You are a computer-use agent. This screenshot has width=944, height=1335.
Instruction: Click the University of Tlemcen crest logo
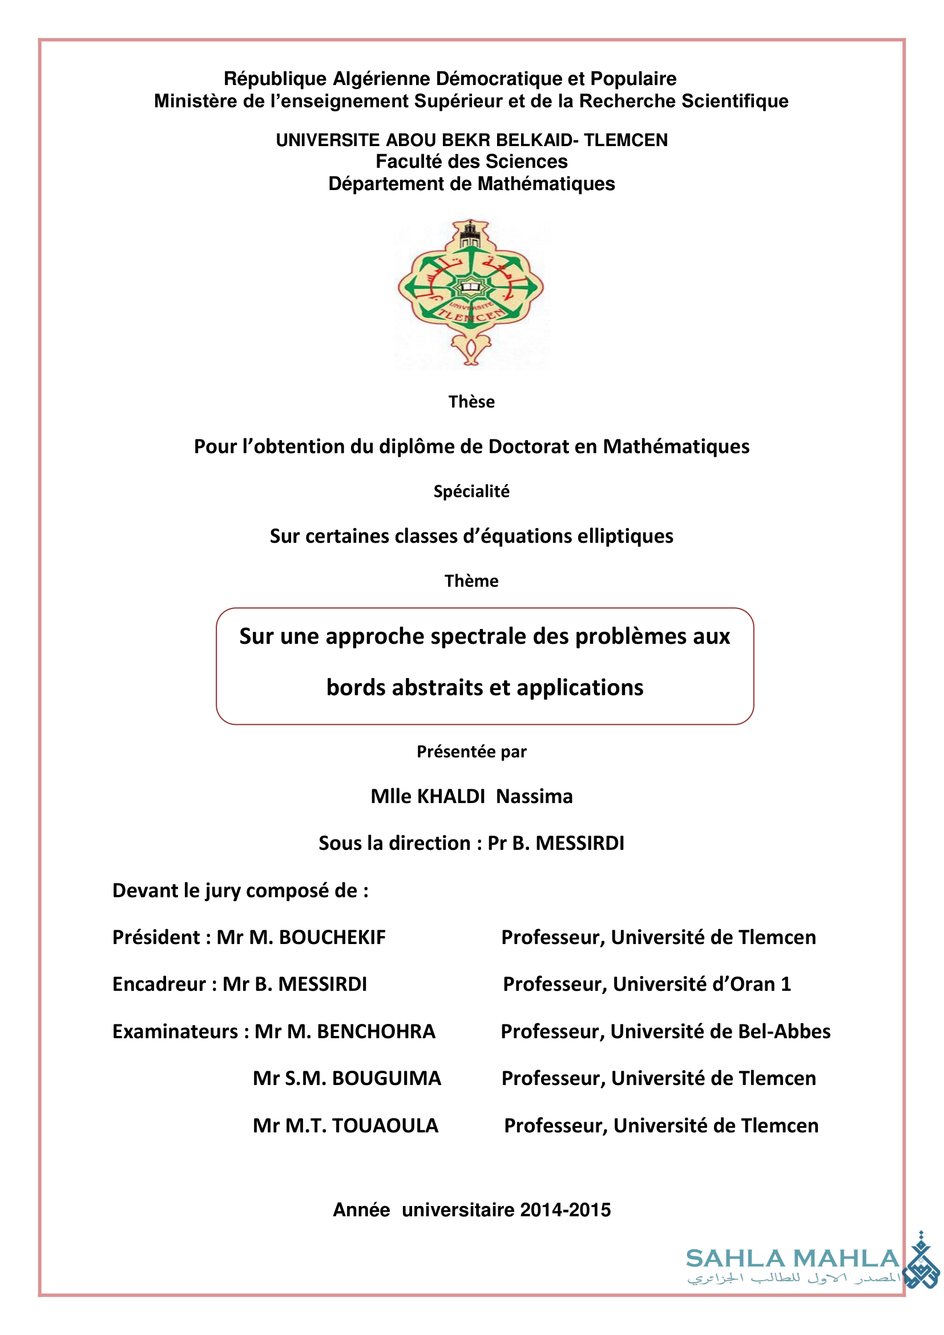pyautogui.click(x=471, y=292)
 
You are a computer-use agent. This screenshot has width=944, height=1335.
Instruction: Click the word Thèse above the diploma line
pyautogui.click(x=471, y=402)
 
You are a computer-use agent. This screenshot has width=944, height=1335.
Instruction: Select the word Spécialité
pyautogui.click(x=471, y=491)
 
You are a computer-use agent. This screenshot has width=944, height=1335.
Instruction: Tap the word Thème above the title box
pyautogui.click(x=471, y=581)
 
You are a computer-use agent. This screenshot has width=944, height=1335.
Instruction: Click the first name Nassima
pyautogui.click(x=534, y=796)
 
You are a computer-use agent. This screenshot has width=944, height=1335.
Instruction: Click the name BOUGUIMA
pyautogui.click(x=386, y=1079)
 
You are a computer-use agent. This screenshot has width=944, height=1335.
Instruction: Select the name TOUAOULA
pyautogui.click(x=385, y=1126)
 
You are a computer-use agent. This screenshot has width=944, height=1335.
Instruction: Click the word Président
pyautogui.click(x=156, y=937)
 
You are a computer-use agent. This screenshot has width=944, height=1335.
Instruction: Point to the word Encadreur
pyautogui.click(x=159, y=985)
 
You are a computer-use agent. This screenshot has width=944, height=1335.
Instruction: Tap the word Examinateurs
pyautogui.click(x=175, y=1031)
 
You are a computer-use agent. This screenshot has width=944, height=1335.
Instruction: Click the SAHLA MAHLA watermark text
pyautogui.click(x=793, y=1259)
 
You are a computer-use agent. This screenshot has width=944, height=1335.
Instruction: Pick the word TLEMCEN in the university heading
pyautogui.click(x=626, y=140)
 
